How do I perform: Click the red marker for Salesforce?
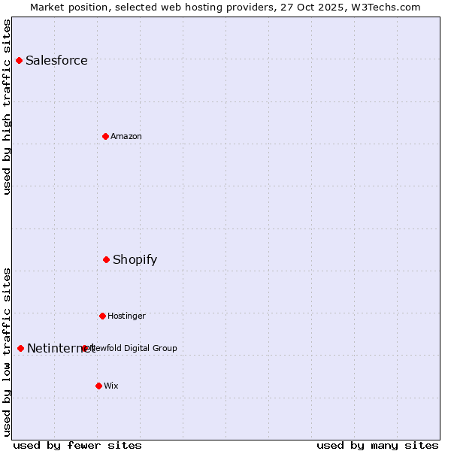tap(19, 60)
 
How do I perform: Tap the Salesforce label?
tap(56, 61)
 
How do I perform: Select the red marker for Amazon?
tap(105, 136)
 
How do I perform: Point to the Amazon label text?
tap(126, 137)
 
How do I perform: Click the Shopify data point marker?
tap(106, 259)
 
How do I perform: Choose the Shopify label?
tap(135, 260)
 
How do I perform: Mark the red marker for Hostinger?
tap(102, 316)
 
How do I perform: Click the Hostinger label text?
tap(126, 316)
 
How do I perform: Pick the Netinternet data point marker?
tap(20, 348)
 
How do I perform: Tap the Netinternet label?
tap(60, 349)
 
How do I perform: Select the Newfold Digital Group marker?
tap(84, 348)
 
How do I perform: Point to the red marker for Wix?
tap(98, 386)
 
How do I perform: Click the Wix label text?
tap(111, 386)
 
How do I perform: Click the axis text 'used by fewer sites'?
tap(77, 446)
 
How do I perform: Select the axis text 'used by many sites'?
tap(377, 446)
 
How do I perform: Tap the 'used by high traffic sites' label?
tap(8, 107)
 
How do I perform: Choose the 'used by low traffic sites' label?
tap(8, 352)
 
